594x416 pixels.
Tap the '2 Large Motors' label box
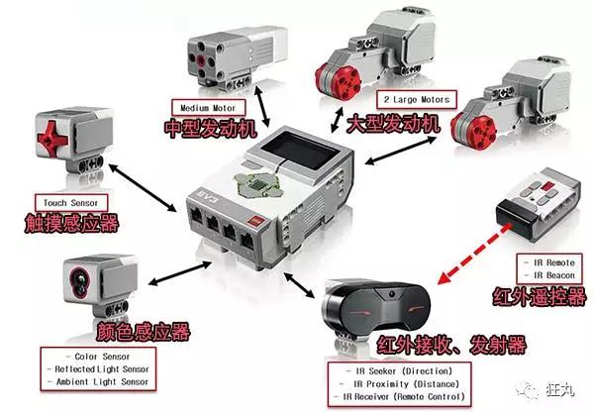click(x=412, y=100)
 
